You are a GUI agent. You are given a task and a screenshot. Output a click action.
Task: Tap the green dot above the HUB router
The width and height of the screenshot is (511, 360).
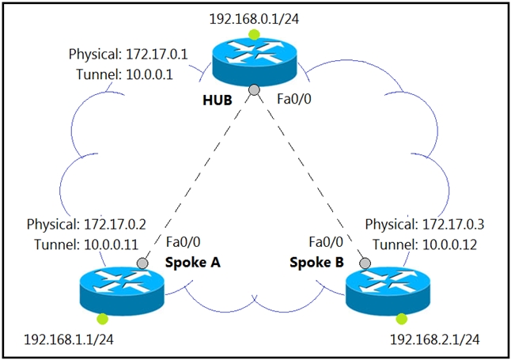254,34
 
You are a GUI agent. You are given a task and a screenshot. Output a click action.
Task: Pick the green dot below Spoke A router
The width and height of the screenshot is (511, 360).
102,319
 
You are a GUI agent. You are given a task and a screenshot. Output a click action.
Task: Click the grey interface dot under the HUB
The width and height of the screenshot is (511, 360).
253,91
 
